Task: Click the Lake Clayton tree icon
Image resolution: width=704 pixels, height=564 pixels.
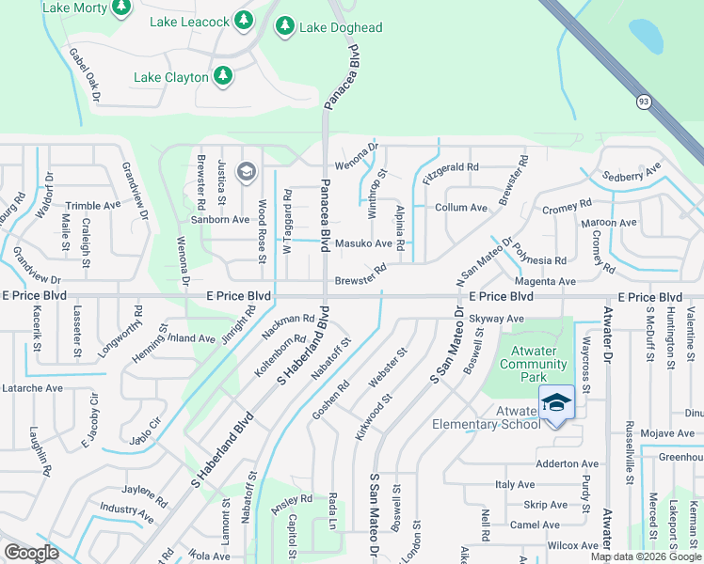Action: tap(223, 75)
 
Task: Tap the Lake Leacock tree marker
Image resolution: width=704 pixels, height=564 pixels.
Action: tap(244, 21)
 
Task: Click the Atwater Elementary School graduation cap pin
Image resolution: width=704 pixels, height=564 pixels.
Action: tap(556, 401)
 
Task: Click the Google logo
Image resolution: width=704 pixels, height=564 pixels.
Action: tap(32, 552)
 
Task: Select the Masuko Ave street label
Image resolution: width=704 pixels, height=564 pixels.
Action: tap(363, 243)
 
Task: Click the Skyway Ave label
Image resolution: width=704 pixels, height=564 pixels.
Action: tap(496, 319)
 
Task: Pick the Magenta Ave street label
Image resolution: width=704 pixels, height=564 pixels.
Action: tap(545, 281)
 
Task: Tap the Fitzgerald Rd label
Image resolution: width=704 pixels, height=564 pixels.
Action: tap(451, 167)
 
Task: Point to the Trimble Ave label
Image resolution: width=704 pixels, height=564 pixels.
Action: tap(93, 206)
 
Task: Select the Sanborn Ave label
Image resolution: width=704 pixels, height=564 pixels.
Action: tap(221, 219)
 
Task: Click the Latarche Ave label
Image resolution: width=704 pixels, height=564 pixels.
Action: tap(32, 387)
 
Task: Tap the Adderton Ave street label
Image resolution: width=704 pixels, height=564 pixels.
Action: tap(567, 463)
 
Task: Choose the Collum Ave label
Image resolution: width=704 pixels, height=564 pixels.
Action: tap(460, 208)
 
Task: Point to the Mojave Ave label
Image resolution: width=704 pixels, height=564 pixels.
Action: tap(667, 433)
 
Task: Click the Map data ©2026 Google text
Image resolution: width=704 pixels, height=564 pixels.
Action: tap(644, 556)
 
